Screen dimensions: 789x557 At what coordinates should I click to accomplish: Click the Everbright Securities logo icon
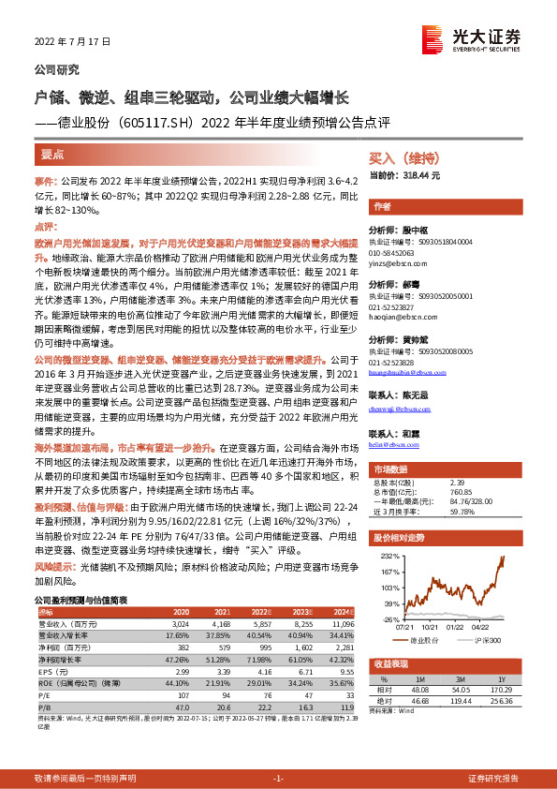432,39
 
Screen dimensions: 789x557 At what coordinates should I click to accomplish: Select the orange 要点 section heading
53,152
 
